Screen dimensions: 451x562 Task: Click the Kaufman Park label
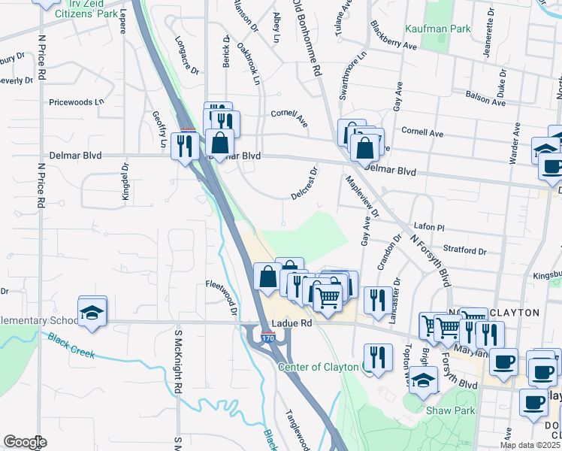click(x=437, y=29)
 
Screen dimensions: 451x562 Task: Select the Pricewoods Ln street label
click(x=76, y=101)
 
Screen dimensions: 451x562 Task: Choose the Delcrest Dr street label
click(x=305, y=183)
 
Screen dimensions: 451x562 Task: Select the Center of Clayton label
click(x=319, y=367)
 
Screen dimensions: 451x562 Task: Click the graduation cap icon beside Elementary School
click(x=92, y=312)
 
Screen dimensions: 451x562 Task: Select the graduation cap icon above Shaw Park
click(x=424, y=381)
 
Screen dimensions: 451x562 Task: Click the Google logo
click(x=25, y=442)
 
